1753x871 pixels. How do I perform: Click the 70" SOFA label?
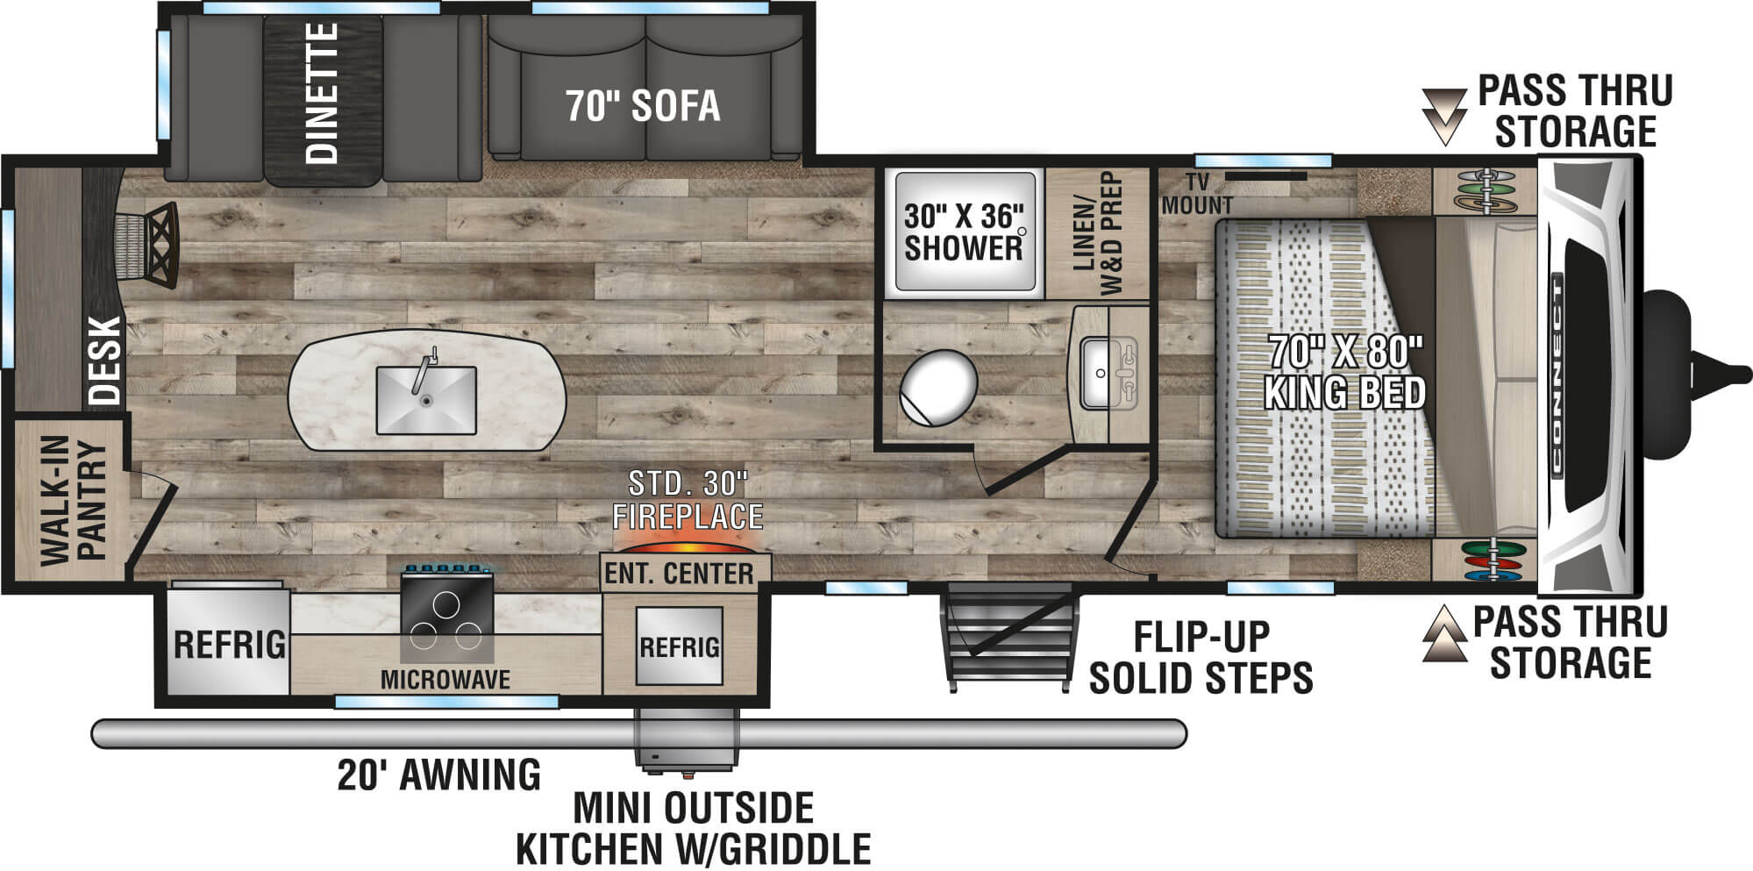pos(643,106)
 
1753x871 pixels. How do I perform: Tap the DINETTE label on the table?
pos(322,93)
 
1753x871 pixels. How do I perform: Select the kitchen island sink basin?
pos(426,400)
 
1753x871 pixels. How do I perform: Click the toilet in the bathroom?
pos(937,387)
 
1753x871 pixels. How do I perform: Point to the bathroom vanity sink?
pos(1108,373)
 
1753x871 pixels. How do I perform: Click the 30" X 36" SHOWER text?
pos(964,232)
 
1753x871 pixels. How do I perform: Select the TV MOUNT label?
pos(1196,194)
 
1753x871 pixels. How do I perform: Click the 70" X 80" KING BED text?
pos(1344,373)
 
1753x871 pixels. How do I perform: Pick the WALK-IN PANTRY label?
pos(74,502)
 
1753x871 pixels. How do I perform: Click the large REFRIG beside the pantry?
pos(229,644)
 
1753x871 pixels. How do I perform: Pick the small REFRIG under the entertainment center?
pos(680,646)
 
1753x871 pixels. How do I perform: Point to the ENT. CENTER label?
pos(679,574)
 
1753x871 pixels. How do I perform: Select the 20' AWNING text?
pos(438,775)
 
